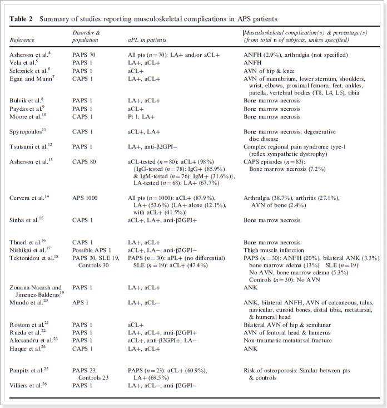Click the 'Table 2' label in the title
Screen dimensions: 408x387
pos(21,19)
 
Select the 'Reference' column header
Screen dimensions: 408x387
pos(22,40)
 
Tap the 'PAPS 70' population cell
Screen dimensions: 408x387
pos(85,55)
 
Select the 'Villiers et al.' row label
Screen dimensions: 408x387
pos(29,385)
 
